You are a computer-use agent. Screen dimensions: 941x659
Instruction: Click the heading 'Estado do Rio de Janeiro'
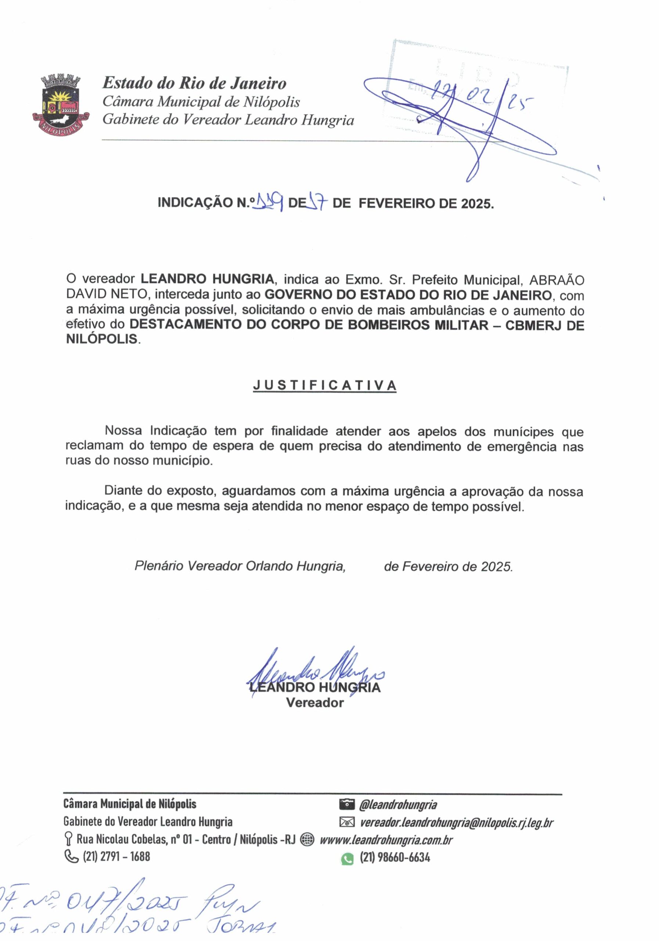click(194, 83)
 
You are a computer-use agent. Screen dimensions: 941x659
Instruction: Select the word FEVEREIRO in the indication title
click(396, 203)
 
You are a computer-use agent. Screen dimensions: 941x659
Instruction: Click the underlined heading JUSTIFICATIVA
click(324, 386)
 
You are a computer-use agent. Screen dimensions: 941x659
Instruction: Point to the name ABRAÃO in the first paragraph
click(557, 280)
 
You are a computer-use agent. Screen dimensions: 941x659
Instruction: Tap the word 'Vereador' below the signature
click(314, 703)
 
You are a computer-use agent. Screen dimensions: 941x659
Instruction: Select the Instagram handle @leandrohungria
click(398, 805)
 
